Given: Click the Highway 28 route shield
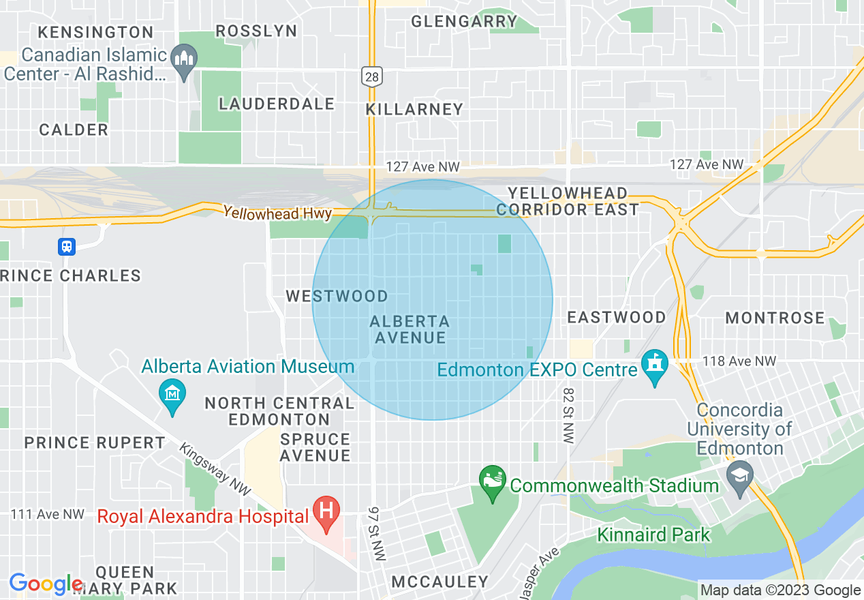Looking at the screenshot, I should click(372, 76).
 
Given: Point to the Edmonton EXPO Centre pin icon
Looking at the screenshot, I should click(655, 367).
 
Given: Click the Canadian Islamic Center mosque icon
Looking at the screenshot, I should click(184, 60).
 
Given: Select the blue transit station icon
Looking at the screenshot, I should click(67, 246).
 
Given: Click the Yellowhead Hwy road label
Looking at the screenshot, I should click(277, 213).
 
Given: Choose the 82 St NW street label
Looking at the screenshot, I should click(568, 416).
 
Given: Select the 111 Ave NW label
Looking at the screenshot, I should click(48, 514).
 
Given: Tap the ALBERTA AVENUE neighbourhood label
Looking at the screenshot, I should click(410, 329).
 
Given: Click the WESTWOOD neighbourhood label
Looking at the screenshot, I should click(337, 296).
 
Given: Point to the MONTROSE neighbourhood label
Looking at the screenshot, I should click(775, 318).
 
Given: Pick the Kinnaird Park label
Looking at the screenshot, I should click(653, 534).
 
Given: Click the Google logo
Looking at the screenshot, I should click(46, 584).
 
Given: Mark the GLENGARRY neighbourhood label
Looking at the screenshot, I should click(465, 21).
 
